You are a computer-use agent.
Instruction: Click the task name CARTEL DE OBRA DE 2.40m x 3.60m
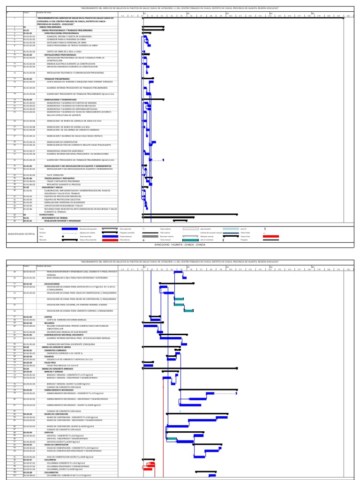point(64,51)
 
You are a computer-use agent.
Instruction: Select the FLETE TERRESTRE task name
point(56,175)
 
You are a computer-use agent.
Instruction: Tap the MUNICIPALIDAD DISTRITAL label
point(21,233)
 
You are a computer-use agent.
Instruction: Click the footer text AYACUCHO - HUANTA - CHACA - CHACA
point(180,244)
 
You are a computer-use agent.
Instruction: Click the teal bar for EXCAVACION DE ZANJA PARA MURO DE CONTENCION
point(179,299)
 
